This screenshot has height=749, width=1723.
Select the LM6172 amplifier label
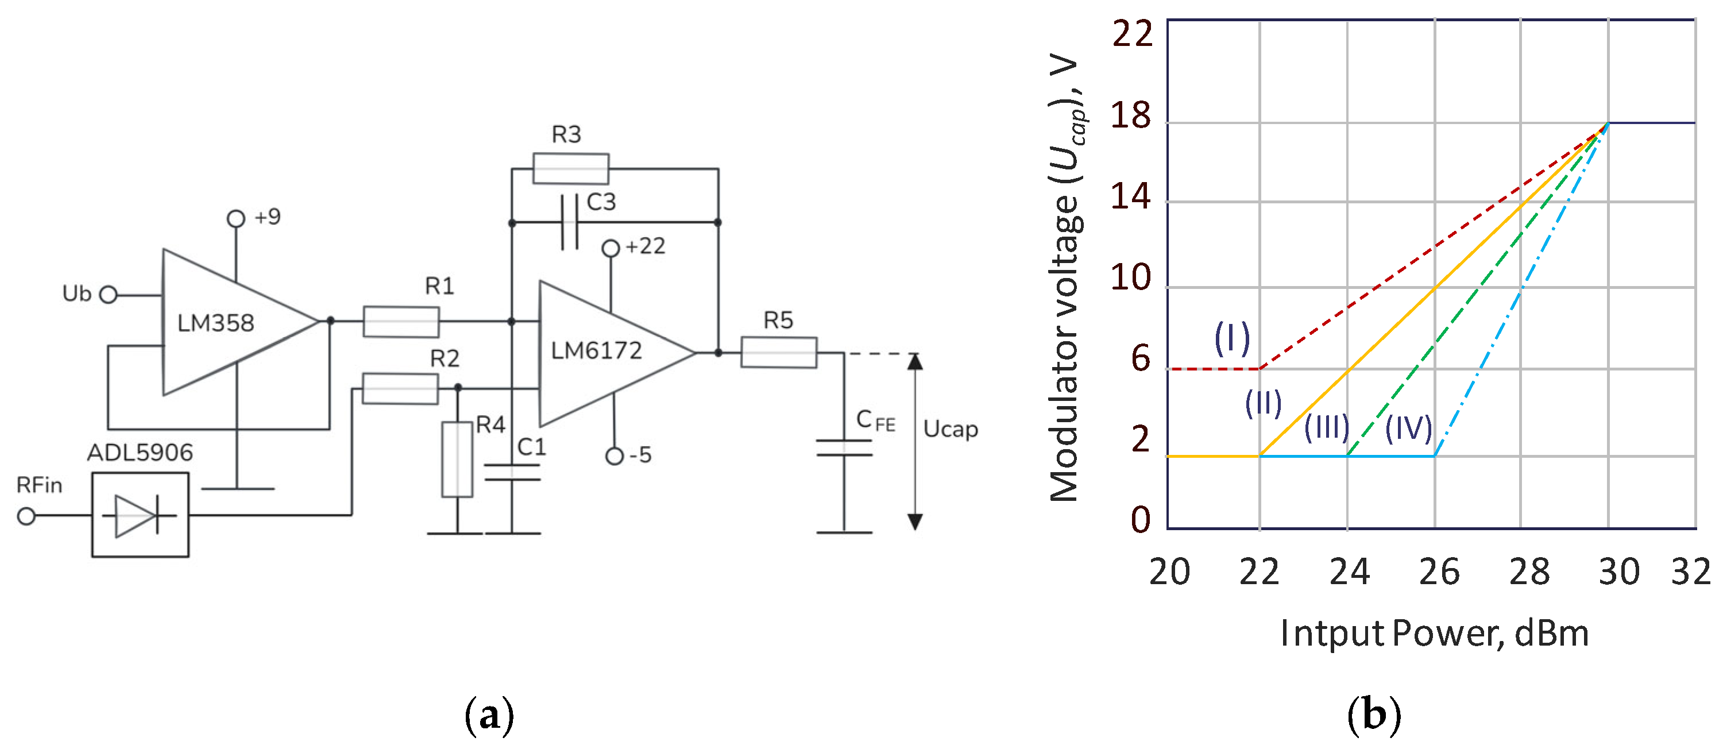[596, 351]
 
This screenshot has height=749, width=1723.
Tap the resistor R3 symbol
[570, 168]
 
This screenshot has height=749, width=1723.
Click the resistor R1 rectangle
[401, 322]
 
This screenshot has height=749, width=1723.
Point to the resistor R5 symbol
[779, 353]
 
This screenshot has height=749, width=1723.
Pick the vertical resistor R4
[458, 460]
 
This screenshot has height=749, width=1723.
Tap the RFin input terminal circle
[26, 516]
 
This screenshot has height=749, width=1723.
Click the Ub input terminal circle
[109, 295]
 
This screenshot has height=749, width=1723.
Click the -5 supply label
[639, 455]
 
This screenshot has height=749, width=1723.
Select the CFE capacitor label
[875, 422]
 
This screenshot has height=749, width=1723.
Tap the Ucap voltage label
[951, 428]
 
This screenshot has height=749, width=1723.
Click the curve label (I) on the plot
[1232, 338]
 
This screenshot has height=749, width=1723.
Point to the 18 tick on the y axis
[1131, 115]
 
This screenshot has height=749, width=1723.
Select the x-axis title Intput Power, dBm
[1434, 634]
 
